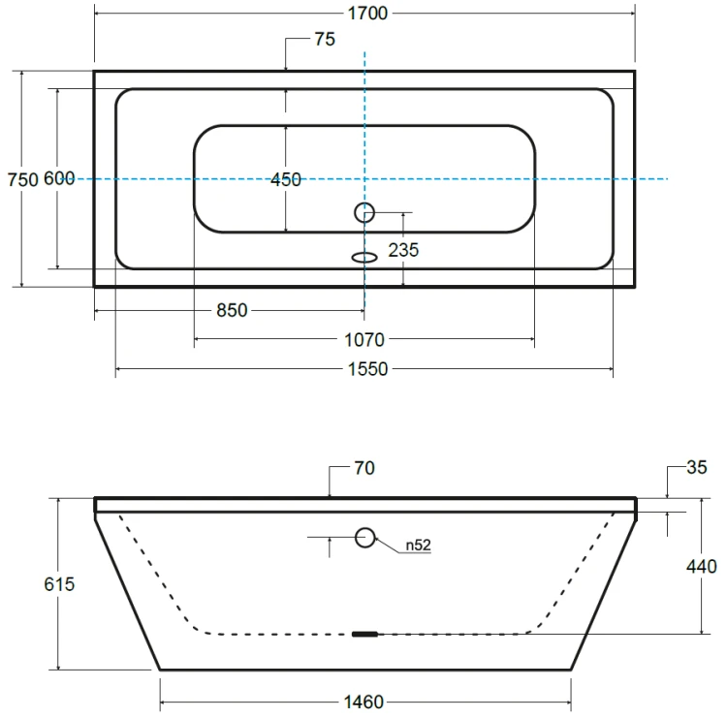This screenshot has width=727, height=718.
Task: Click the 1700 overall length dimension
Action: (367, 14)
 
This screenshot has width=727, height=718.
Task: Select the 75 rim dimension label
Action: (325, 40)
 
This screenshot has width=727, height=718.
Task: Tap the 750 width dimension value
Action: (22, 179)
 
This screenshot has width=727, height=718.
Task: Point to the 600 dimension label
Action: (59, 178)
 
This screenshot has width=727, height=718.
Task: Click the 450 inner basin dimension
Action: (286, 179)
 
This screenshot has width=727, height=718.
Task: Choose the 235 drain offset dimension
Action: (403, 250)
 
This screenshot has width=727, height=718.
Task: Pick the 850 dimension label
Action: (232, 311)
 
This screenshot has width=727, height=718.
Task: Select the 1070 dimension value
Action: (364, 340)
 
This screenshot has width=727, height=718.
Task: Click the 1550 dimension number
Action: (367, 369)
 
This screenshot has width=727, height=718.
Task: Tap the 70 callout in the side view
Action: (364, 468)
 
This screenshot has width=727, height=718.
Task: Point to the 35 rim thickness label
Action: (697, 467)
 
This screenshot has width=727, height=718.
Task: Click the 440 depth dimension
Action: (702, 567)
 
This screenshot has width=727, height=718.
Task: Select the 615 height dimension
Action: (59, 584)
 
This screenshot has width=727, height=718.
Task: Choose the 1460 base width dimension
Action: (363, 702)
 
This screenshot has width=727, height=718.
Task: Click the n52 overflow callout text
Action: (418, 546)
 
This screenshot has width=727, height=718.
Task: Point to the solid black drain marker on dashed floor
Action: (364, 634)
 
